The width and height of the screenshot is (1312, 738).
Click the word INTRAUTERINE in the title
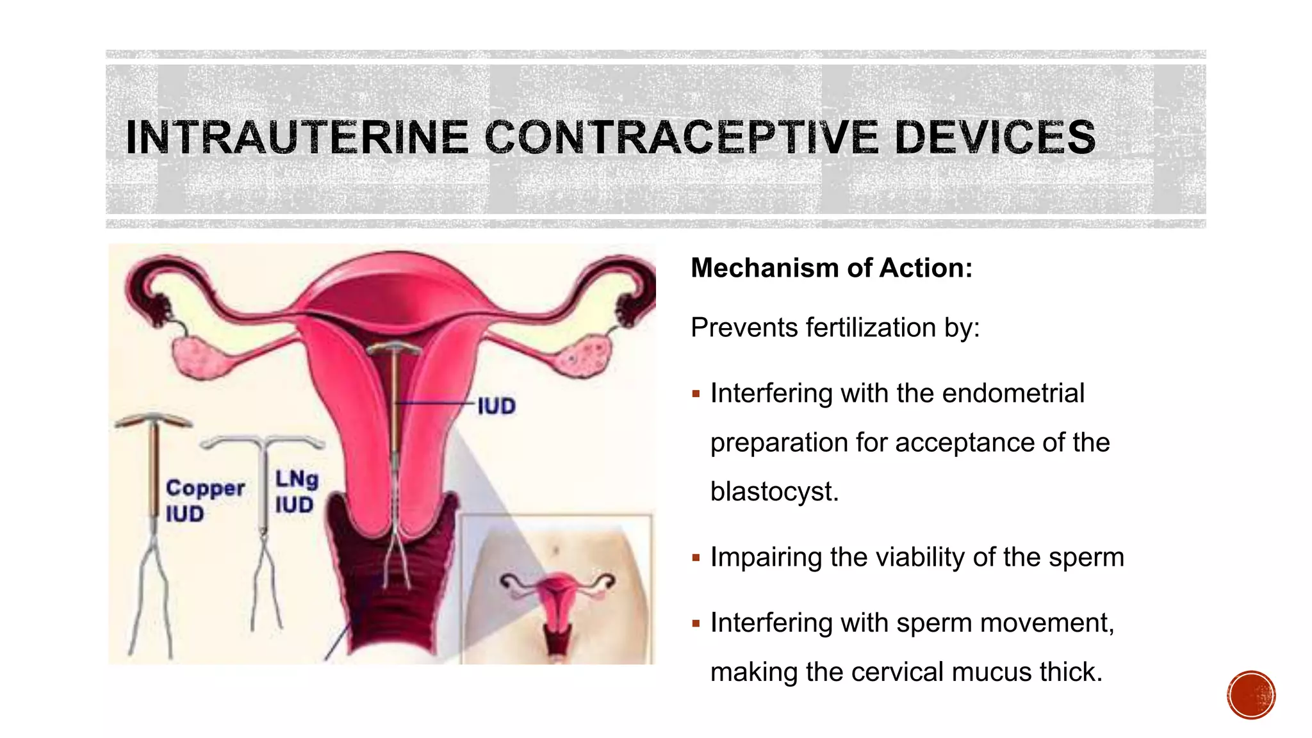pyautogui.click(x=297, y=137)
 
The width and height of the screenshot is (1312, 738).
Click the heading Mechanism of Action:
pyautogui.click(x=832, y=268)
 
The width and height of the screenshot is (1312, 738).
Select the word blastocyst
pyautogui.click(x=774, y=491)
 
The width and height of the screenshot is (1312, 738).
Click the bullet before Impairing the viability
pyautogui.click(x=696, y=558)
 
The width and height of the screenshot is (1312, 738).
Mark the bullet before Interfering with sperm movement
pyautogui.click(x=696, y=623)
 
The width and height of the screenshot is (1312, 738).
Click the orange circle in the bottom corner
pyautogui.click(x=1251, y=695)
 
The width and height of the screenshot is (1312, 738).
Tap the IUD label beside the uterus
pyautogui.click(x=496, y=406)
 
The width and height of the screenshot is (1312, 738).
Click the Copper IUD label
pyautogui.click(x=204, y=500)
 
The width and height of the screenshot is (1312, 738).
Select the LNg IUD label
pyautogui.click(x=296, y=491)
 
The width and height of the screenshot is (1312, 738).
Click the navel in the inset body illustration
pyautogui.click(x=555, y=550)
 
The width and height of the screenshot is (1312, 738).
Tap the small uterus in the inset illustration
pyautogui.click(x=558, y=596)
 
